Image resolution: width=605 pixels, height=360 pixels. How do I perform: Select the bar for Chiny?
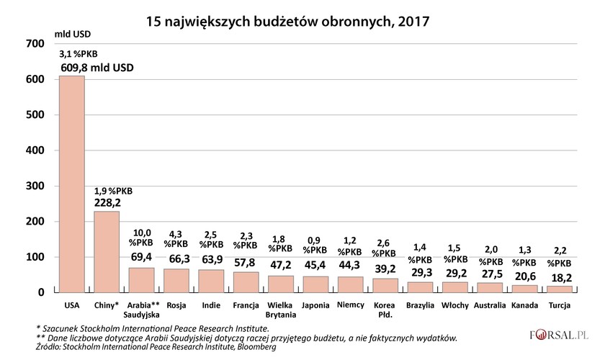click(x=107, y=251)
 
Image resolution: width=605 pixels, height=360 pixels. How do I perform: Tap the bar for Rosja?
click(x=176, y=280)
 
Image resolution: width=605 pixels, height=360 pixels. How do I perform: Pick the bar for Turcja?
click(x=560, y=289)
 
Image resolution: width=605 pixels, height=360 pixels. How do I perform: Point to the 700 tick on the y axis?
click(x=35, y=44)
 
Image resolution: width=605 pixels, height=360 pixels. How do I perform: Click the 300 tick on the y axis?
click(x=35, y=186)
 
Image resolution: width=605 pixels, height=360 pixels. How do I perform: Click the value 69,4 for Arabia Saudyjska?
click(x=142, y=257)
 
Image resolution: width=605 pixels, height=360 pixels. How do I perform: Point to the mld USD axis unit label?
click(x=74, y=32)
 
